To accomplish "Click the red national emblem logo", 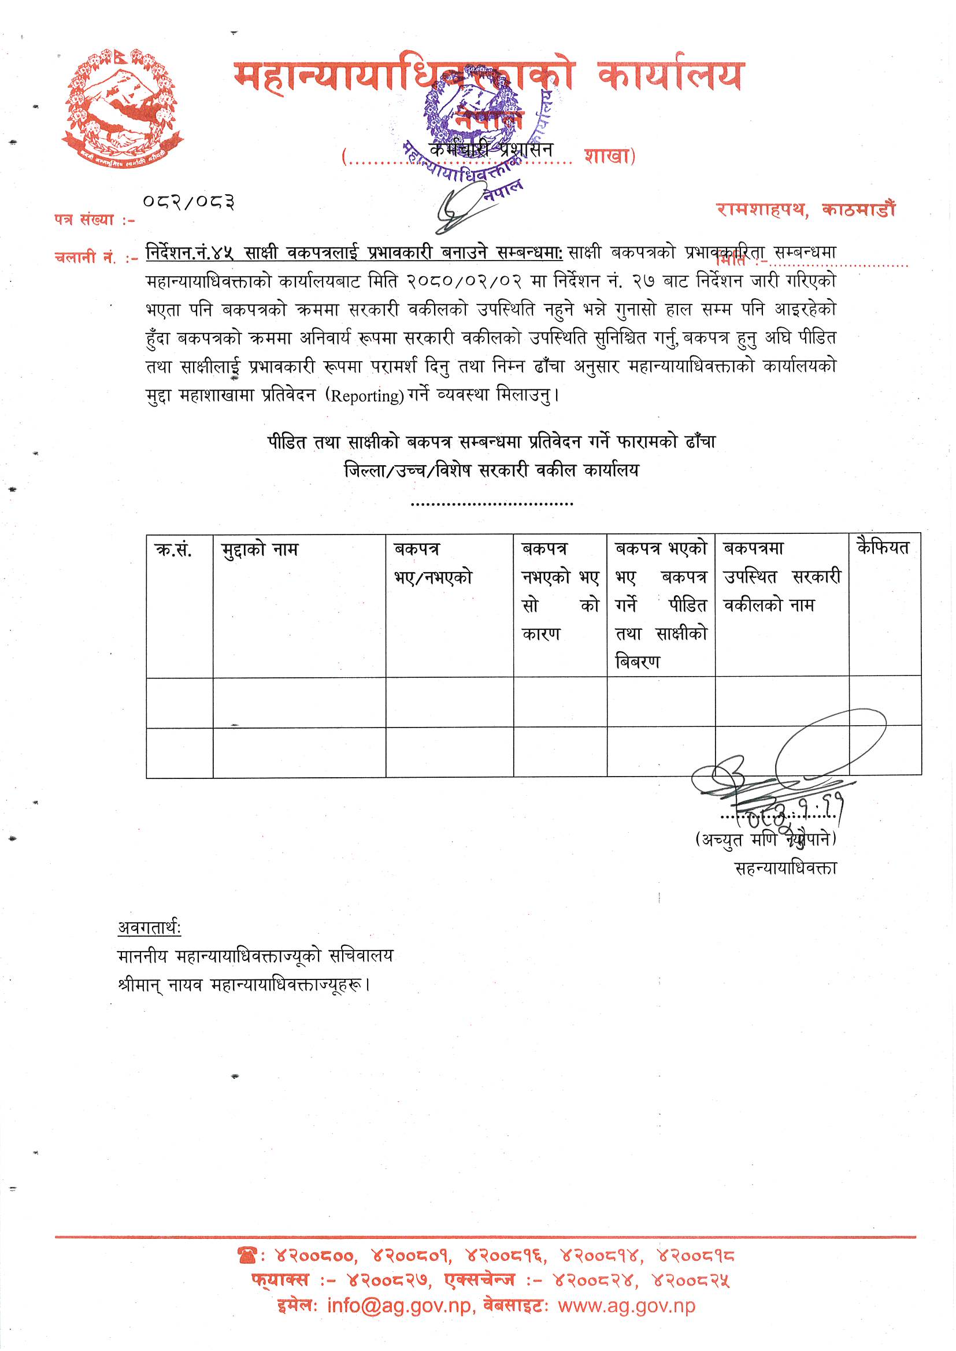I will pos(122,108).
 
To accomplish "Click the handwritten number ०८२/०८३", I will pos(189,202).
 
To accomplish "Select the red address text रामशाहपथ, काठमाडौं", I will pos(805,210).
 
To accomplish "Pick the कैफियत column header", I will pos(883,548).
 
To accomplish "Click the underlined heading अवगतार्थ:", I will pos(150,927).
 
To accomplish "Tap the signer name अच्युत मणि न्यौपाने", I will pos(765,840).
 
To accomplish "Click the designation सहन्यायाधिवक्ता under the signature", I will pos(785,868).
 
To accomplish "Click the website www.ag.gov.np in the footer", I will pos(627,1306).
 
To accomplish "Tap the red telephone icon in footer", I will pos(246,1256).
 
